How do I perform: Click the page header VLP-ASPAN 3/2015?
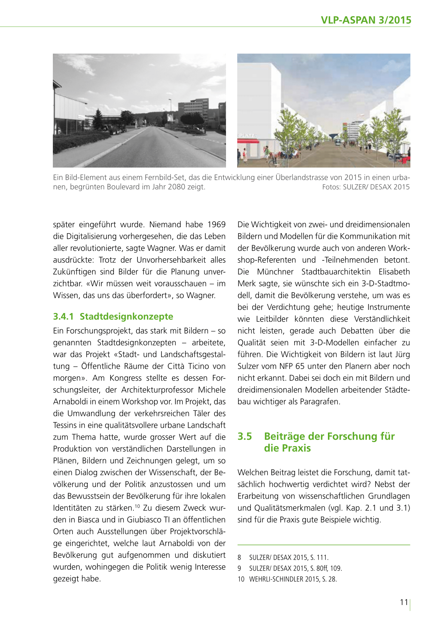tap(366, 20)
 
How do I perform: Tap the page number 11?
tap(404, 602)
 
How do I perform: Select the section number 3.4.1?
tap(63, 316)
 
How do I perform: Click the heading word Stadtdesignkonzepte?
tap(126, 316)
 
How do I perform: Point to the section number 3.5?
tap(245, 436)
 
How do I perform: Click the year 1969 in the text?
tap(216, 225)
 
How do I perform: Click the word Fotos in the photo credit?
tap(331, 187)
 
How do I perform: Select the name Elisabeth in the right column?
tap(394, 272)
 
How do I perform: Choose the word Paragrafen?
tap(320, 401)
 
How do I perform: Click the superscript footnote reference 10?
tap(137, 506)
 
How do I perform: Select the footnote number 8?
tap(239, 557)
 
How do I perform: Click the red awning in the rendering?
tap(248, 141)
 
